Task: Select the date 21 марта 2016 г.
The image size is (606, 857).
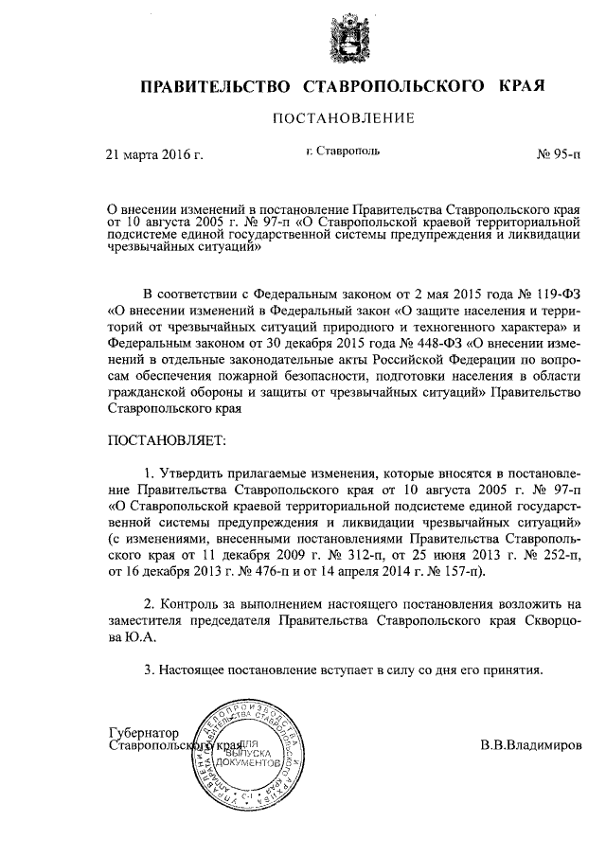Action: [154, 153]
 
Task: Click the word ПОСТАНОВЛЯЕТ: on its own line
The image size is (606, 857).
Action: [168, 439]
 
